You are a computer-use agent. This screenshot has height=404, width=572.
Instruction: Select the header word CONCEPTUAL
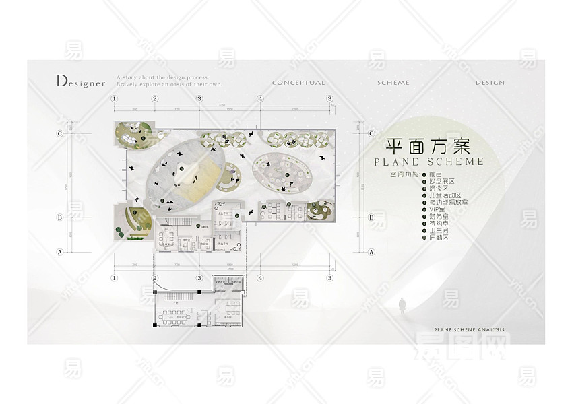298,83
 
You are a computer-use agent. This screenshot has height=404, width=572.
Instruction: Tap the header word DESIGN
490,83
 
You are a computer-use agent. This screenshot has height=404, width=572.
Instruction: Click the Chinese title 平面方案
427,146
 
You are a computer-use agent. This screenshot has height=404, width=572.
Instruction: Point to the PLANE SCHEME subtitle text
429,162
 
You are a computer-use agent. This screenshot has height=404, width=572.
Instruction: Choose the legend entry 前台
435,174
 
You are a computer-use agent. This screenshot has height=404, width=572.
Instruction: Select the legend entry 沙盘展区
441,182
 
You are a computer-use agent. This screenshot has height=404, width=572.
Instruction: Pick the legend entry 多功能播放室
446,202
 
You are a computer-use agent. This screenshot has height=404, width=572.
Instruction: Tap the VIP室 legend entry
437,209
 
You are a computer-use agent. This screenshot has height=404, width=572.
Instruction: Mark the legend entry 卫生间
439,230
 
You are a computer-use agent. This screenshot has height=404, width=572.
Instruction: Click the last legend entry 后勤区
439,238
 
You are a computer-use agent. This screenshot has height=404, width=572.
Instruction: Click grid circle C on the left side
60,133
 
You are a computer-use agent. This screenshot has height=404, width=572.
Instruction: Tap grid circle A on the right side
371,252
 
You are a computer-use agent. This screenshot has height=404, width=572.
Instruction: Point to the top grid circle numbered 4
260,99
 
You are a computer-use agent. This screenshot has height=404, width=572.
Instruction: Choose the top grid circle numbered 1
115,99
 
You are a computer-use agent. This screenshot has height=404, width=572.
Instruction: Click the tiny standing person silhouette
402,304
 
